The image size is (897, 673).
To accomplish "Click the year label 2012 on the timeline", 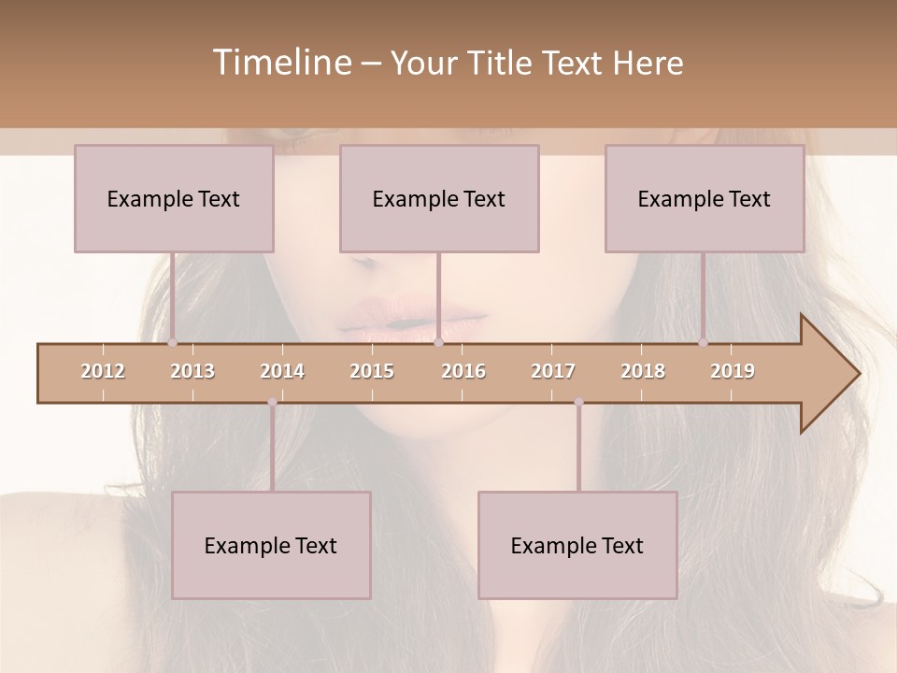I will click(103, 371).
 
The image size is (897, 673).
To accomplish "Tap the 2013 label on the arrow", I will click(192, 371).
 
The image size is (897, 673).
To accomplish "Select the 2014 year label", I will click(282, 371).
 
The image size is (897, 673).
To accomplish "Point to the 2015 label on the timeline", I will click(372, 371).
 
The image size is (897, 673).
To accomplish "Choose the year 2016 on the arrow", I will click(463, 371).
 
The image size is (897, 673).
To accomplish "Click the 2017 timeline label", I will click(553, 371).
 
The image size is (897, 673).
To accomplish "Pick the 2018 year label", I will click(643, 371).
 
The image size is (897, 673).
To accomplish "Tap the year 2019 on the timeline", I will click(733, 371).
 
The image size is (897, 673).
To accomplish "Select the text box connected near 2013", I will click(174, 198).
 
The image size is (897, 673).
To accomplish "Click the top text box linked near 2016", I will click(439, 198).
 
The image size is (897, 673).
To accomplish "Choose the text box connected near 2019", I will click(705, 198).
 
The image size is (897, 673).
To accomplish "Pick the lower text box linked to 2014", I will click(271, 545).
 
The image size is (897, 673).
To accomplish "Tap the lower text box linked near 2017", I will click(577, 545).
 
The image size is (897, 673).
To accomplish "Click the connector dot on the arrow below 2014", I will click(272, 402).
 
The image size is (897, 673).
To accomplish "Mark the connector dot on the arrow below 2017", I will click(578, 402).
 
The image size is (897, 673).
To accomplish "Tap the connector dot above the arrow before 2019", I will click(703, 343).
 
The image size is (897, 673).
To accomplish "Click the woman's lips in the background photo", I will click(414, 318).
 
